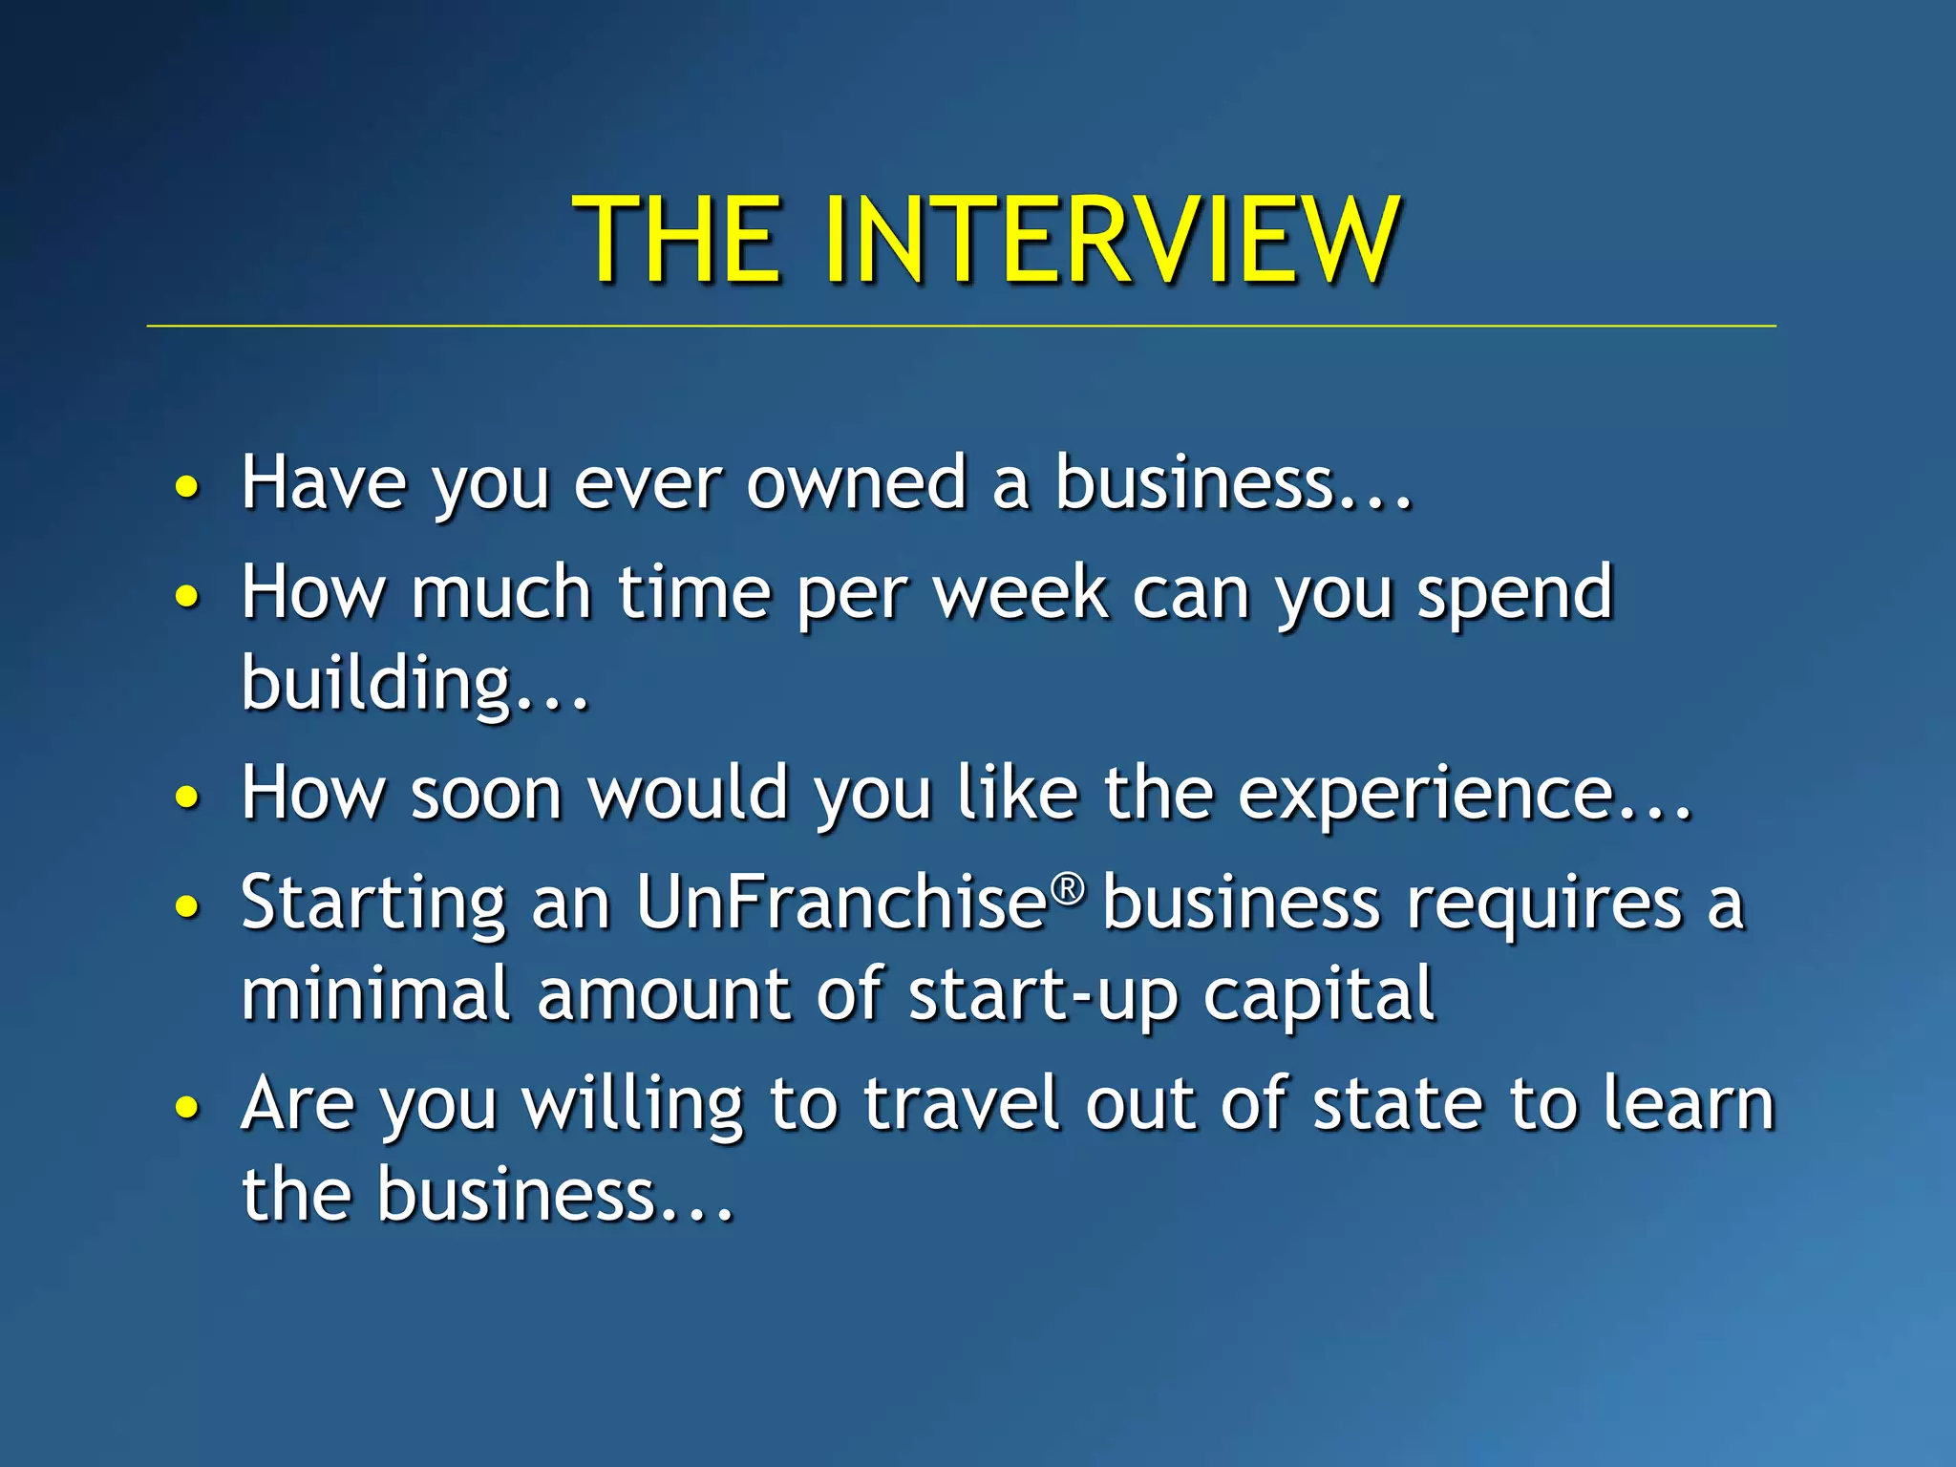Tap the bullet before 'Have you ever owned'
point(187,487)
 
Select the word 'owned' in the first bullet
point(855,483)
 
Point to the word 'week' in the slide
point(1020,593)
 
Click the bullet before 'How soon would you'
point(187,797)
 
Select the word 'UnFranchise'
point(841,903)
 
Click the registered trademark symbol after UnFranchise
point(1069,889)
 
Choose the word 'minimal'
point(375,994)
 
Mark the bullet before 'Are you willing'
point(187,1108)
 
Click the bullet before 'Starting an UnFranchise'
point(187,906)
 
